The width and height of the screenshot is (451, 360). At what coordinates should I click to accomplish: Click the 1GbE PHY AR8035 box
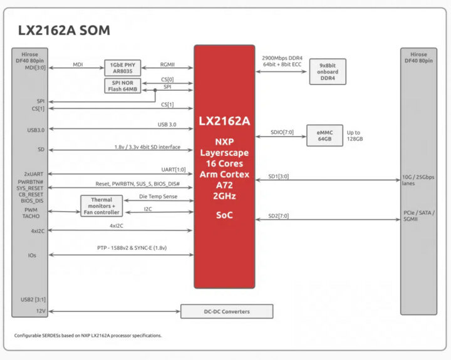click(123, 68)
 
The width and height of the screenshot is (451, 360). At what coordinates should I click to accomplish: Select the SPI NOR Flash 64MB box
click(123, 86)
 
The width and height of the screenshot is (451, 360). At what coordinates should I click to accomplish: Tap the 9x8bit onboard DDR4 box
click(328, 71)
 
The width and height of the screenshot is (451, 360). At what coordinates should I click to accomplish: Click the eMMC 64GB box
click(324, 135)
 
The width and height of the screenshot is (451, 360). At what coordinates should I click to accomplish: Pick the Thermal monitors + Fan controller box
click(101, 206)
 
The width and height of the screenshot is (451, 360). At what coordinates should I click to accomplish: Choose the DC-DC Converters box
click(227, 311)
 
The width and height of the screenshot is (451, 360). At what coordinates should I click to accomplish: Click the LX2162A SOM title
click(64, 30)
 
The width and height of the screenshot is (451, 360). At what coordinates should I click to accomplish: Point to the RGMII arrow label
click(167, 64)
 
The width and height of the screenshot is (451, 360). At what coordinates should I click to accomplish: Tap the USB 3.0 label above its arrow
click(167, 125)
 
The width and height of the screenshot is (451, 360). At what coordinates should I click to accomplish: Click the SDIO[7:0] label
click(282, 132)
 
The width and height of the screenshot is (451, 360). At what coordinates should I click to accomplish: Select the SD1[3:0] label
click(278, 177)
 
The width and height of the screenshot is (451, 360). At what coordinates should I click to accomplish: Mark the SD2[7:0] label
click(278, 215)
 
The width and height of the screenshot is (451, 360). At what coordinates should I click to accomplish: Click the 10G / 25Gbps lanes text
click(418, 180)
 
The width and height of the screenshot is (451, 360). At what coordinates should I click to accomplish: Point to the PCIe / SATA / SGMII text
click(419, 215)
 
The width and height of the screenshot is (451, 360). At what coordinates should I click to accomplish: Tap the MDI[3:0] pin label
click(35, 68)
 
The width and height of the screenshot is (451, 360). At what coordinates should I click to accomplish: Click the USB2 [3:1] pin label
click(33, 299)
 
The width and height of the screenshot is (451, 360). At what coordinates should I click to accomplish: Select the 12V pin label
click(41, 311)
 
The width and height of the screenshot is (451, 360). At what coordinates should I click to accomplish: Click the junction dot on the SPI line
click(155, 90)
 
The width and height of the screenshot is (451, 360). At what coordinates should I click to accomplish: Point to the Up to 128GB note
click(355, 136)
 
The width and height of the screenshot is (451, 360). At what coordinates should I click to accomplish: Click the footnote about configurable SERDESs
click(88, 336)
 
